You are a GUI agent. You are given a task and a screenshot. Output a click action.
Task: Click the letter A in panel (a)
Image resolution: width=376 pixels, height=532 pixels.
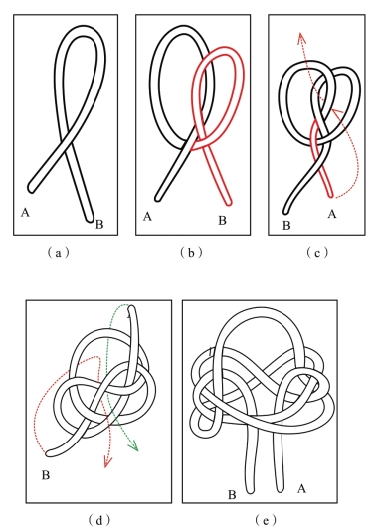(x=25, y=213)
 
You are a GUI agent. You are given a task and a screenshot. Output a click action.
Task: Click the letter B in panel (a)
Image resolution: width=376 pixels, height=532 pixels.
(x=99, y=225)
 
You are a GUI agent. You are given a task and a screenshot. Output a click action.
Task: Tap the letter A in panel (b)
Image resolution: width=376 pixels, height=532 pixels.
(x=147, y=216)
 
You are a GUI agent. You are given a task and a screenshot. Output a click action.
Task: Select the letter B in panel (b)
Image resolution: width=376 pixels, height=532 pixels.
(x=222, y=221)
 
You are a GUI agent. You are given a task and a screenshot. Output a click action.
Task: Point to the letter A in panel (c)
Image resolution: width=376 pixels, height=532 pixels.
(x=332, y=214)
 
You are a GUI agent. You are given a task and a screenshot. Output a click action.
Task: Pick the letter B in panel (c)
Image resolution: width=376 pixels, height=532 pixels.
(x=286, y=226)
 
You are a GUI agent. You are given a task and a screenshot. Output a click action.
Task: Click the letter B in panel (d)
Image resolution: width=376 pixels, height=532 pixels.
(x=46, y=475)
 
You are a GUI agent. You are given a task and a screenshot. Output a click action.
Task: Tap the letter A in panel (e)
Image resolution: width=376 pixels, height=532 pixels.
(x=301, y=488)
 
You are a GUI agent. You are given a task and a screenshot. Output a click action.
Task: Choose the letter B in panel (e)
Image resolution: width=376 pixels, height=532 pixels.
(x=232, y=495)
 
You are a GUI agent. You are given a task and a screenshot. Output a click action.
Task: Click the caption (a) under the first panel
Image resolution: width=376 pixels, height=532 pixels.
(x=59, y=253)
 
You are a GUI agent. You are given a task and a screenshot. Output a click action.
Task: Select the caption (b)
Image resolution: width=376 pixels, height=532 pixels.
(x=191, y=253)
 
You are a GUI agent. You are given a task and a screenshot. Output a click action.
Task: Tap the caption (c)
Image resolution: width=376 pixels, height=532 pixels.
(x=317, y=253)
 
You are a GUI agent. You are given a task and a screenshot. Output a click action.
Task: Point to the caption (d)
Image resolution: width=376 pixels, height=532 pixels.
(x=99, y=520)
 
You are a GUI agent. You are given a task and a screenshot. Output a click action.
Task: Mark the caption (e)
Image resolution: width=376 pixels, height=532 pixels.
(x=265, y=520)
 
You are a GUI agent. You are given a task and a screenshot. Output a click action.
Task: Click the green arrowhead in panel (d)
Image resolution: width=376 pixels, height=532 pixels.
(x=134, y=446)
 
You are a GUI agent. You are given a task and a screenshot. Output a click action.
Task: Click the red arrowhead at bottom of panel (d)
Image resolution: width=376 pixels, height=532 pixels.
(x=107, y=462)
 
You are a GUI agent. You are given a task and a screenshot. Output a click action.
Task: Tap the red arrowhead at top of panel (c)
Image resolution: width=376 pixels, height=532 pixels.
(x=301, y=37)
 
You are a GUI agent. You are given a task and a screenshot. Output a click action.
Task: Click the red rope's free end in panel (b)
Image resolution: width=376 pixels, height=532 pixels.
(x=229, y=203)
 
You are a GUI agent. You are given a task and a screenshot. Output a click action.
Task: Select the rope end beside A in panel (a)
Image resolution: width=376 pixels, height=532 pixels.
(x=31, y=189)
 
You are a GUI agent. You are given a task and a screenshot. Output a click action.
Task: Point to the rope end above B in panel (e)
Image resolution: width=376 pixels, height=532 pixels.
(x=250, y=490)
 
